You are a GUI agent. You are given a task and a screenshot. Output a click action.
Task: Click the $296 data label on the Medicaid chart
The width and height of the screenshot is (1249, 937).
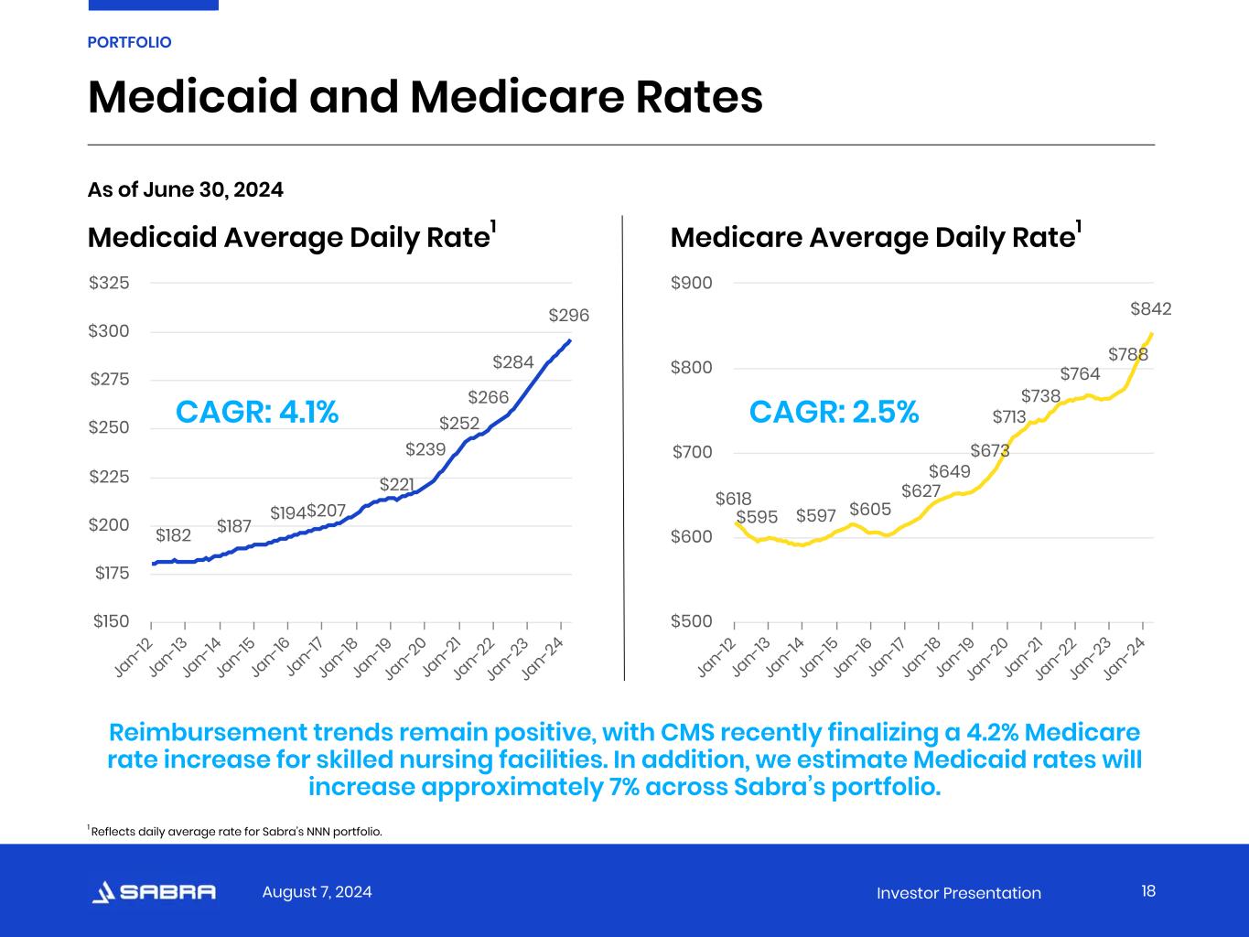pos(568,316)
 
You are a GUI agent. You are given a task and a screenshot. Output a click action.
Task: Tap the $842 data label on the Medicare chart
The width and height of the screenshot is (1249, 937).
pos(1150,309)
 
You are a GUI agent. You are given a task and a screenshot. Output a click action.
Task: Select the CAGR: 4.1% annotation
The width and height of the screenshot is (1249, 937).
pos(257,413)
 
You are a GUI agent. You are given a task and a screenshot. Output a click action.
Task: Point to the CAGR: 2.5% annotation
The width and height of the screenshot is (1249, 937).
pos(834,413)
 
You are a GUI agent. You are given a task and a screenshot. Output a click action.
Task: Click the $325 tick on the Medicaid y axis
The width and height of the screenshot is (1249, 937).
pos(109,283)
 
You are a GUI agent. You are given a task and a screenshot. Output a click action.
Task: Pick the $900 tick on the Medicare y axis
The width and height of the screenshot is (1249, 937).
pos(691,283)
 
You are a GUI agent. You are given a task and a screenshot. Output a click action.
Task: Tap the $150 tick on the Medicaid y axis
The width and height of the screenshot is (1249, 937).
pos(111,622)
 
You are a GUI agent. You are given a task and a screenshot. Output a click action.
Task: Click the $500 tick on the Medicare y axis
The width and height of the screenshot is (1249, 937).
pos(691,622)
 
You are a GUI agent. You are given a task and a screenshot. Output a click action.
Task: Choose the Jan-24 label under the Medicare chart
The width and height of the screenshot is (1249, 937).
pos(1125,658)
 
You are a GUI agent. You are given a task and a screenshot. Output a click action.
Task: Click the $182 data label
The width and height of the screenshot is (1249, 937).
pos(173,535)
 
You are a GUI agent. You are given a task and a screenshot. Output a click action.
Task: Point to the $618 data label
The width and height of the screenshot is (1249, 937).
pos(733,499)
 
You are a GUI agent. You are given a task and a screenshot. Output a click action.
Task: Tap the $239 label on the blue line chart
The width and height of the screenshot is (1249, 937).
pos(425,449)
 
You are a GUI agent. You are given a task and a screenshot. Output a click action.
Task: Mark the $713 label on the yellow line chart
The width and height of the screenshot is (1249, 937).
pos(1009,417)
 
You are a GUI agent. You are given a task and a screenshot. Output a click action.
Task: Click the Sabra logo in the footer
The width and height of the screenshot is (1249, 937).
pos(155,892)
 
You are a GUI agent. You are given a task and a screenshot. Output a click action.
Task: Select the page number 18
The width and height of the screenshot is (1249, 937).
pos(1148,891)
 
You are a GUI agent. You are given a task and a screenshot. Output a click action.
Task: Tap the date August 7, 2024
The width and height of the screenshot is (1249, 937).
pos(317,892)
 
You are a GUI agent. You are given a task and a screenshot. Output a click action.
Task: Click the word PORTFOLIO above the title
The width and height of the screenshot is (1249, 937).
pos(129,42)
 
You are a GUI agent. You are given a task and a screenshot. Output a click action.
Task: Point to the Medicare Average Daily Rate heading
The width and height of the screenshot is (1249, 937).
pos(872,238)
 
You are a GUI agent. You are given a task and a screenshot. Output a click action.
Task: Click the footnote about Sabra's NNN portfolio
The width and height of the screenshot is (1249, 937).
pos(235,832)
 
